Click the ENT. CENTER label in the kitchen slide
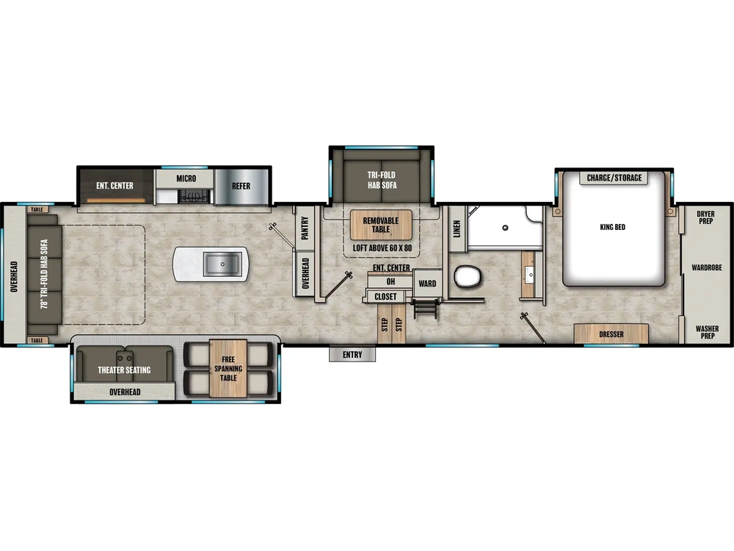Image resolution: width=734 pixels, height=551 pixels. [115, 185]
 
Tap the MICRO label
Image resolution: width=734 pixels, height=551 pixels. [186, 179]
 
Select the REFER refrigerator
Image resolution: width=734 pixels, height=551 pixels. [241, 186]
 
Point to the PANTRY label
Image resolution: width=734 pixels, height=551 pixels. [305, 228]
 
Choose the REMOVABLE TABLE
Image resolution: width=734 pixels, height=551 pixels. [380, 225]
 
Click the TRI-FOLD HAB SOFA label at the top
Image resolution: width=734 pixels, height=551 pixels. [382, 179]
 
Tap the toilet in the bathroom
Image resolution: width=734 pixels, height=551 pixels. [467, 277]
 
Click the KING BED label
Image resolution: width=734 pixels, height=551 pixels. [612, 227]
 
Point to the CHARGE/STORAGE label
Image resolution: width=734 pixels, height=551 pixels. [614, 178]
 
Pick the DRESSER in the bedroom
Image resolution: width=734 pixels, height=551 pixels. [611, 334]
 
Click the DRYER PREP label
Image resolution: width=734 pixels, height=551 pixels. [705, 218]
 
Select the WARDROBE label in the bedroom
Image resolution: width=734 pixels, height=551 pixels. [706, 268]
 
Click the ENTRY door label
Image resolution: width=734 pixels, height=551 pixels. [352, 355]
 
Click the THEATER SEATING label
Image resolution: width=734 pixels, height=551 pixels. [124, 370]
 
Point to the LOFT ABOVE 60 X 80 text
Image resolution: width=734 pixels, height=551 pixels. [382, 248]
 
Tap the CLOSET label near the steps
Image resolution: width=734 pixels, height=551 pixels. [385, 297]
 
